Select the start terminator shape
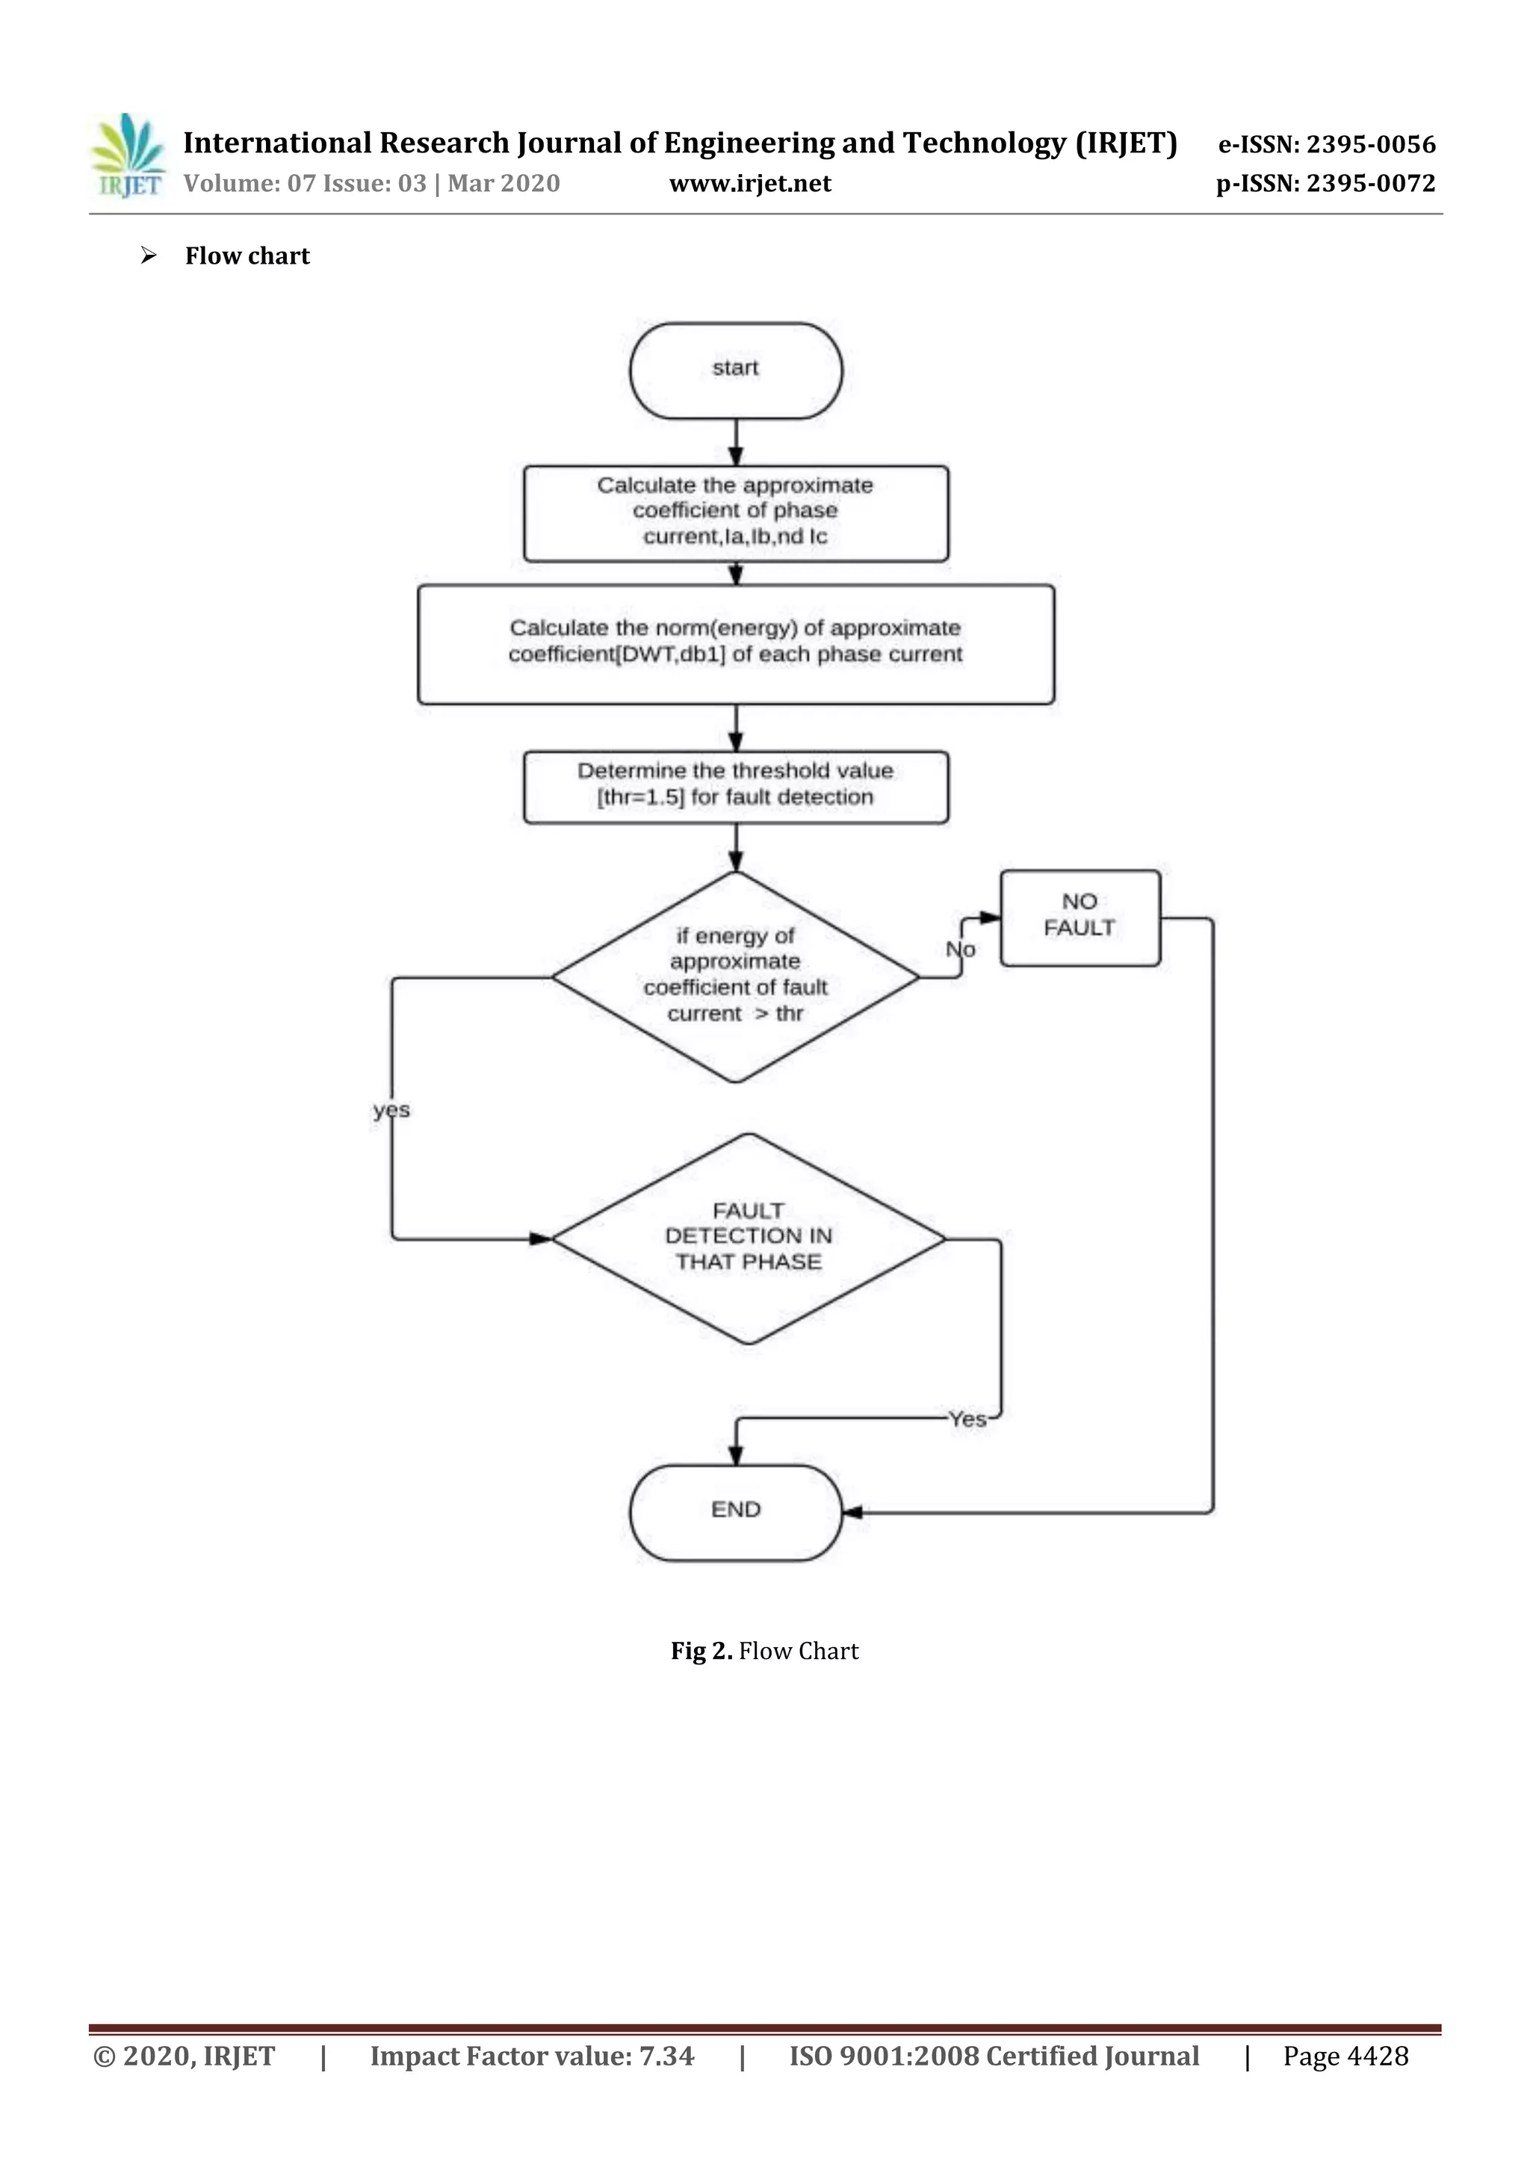pyautogui.click(x=735, y=371)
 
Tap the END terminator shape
pyautogui.click(x=735, y=1512)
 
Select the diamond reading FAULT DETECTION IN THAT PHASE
pyautogui.click(x=749, y=1238)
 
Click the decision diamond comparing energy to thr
pyautogui.click(x=735, y=976)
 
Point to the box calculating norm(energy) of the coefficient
pyautogui.click(x=735, y=643)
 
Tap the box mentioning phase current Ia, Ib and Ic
pyautogui.click(x=735, y=512)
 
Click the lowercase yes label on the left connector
pyautogui.click(x=391, y=1110)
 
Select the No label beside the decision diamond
pyautogui.click(x=961, y=949)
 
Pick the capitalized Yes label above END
pyautogui.click(x=967, y=1419)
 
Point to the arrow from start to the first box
pyautogui.click(x=735, y=443)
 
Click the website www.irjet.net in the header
pyautogui.click(x=749, y=184)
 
